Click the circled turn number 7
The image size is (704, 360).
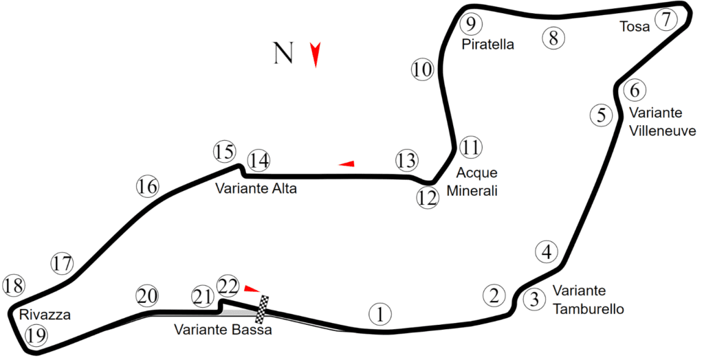666,20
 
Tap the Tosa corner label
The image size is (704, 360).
635,27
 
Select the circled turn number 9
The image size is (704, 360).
470,24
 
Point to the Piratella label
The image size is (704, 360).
487,45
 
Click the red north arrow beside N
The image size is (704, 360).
316,55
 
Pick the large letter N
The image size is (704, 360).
283,53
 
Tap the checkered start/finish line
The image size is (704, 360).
262,309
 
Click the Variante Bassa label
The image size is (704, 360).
223,330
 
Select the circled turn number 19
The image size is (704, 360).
36,335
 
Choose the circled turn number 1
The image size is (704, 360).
380,314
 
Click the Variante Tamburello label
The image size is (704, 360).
588,300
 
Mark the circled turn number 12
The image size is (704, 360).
428,197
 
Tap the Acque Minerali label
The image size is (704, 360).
472,182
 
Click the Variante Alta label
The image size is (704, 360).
256,188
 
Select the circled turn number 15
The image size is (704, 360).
224,152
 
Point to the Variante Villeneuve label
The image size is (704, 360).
662,122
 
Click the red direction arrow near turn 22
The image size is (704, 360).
252,288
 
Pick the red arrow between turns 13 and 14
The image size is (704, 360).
346,164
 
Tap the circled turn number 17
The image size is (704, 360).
63,264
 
